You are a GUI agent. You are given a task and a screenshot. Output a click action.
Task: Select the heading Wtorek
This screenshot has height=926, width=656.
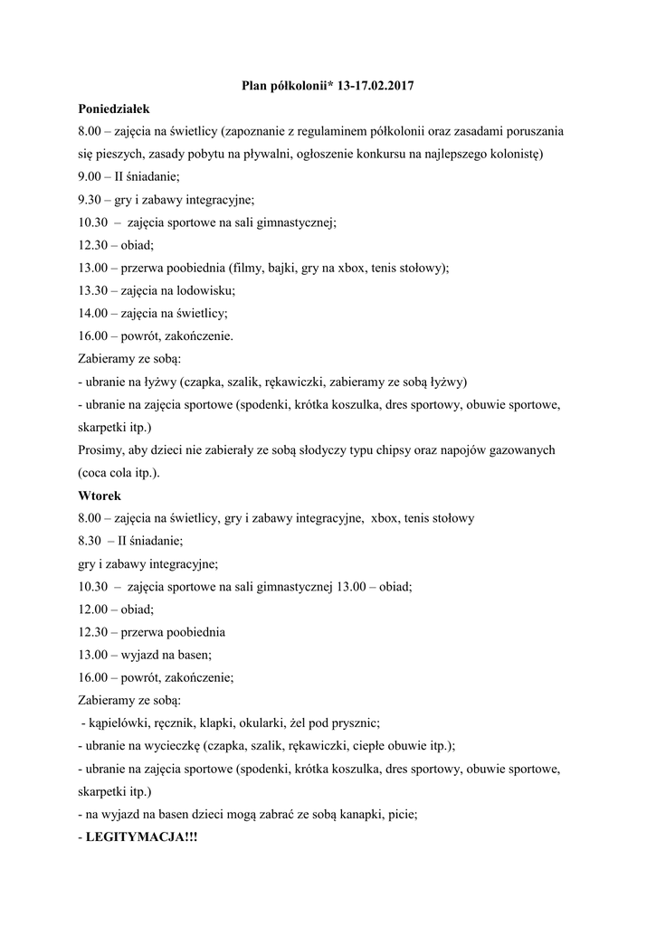[x=99, y=496]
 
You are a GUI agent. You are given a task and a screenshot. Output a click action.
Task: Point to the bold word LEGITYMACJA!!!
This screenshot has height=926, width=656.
[x=141, y=837]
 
